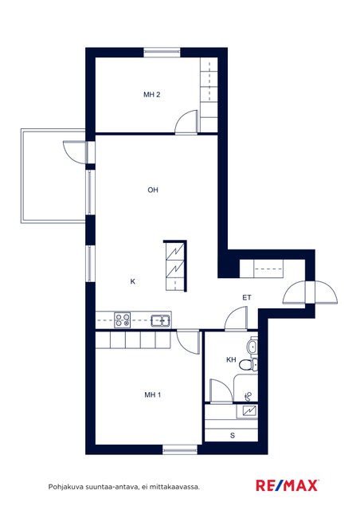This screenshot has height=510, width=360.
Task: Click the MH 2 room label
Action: click(x=152, y=95)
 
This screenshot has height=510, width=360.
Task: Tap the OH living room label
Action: click(x=153, y=190)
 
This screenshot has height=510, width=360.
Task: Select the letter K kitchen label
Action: click(x=133, y=281)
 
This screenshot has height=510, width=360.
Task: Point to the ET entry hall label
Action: click(x=247, y=297)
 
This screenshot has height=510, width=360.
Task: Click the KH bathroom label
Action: click(x=231, y=359)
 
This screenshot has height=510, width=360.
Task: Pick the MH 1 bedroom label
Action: click(x=152, y=395)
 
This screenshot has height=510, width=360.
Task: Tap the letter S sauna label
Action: click(x=233, y=436)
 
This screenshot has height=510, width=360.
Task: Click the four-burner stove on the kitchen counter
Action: click(x=123, y=320)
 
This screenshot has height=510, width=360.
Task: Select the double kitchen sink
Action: click(x=161, y=320)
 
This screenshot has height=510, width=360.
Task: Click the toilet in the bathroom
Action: click(x=248, y=365)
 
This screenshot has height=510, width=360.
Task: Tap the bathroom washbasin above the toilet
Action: click(x=252, y=347)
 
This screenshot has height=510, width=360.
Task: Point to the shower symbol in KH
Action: click(x=248, y=396)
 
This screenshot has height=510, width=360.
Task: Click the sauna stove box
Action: click(x=247, y=411)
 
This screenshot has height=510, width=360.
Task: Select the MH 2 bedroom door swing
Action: click(x=186, y=122)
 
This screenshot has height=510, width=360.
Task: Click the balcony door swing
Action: click(x=75, y=152)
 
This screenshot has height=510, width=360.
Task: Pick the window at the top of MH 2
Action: click(x=162, y=53)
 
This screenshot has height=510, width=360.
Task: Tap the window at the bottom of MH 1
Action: click(x=180, y=449)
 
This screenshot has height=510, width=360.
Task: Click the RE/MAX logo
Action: click(x=287, y=485)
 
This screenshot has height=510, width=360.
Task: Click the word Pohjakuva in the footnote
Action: click(x=65, y=487)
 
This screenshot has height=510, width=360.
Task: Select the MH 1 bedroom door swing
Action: click(x=188, y=342)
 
